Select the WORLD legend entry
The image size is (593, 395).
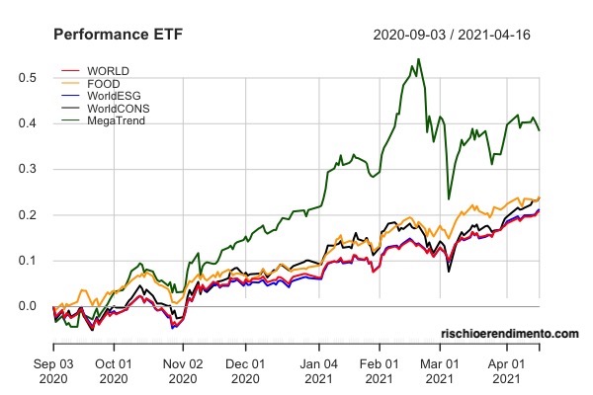click(x=108, y=72)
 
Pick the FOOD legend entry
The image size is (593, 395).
click(x=105, y=84)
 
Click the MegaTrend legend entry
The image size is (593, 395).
click(x=117, y=119)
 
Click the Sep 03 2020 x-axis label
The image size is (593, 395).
click(x=52, y=370)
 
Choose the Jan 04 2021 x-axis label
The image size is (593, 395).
click(x=318, y=370)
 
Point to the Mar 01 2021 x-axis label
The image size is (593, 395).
click(x=441, y=370)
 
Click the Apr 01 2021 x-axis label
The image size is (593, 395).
click(x=507, y=370)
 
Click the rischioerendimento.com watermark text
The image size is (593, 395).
click(x=510, y=335)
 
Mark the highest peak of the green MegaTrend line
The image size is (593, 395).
click(x=418, y=59)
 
